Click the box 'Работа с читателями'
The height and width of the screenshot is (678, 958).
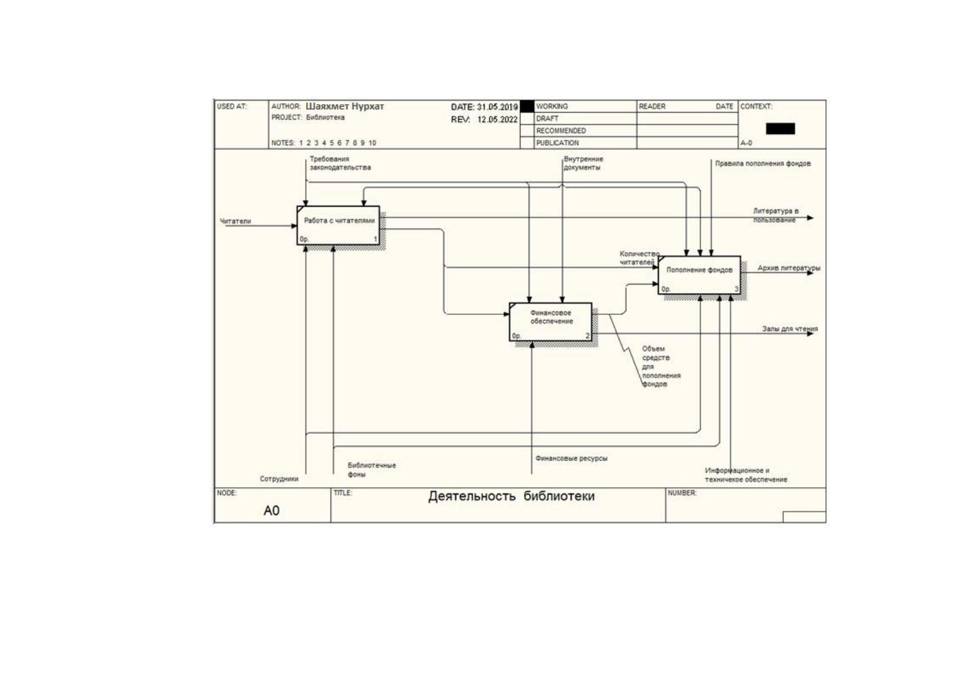click(338, 225)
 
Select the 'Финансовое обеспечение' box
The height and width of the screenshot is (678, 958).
click(551, 322)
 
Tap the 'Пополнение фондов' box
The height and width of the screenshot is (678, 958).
click(699, 275)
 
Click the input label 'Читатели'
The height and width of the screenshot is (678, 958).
click(235, 221)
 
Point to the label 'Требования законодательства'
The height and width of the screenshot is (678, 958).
click(340, 163)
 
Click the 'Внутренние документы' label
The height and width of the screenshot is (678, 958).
click(583, 163)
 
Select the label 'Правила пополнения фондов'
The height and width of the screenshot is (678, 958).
click(763, 163)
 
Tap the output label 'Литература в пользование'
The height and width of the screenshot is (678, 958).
click(775, 215)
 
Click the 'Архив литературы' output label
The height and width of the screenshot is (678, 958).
click(789, 268)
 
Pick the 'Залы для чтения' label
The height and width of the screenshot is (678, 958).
click(790, 328)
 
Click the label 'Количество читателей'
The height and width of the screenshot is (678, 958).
click(639, 258)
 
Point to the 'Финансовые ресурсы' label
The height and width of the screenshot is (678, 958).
click(571, 458)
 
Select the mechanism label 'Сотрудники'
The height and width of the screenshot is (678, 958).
click(279, 479)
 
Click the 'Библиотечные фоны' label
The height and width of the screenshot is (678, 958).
click(371, 470)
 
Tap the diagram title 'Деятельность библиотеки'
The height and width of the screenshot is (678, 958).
click(511, 496)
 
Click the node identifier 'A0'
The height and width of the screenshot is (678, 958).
click(271, 510)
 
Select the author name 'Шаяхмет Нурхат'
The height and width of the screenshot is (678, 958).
click(345, 106)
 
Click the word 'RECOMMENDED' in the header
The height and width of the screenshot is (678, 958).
click(561, 130)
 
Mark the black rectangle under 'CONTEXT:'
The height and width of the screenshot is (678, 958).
click(780, 129)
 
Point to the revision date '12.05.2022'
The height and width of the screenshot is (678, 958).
click(497, 120)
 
